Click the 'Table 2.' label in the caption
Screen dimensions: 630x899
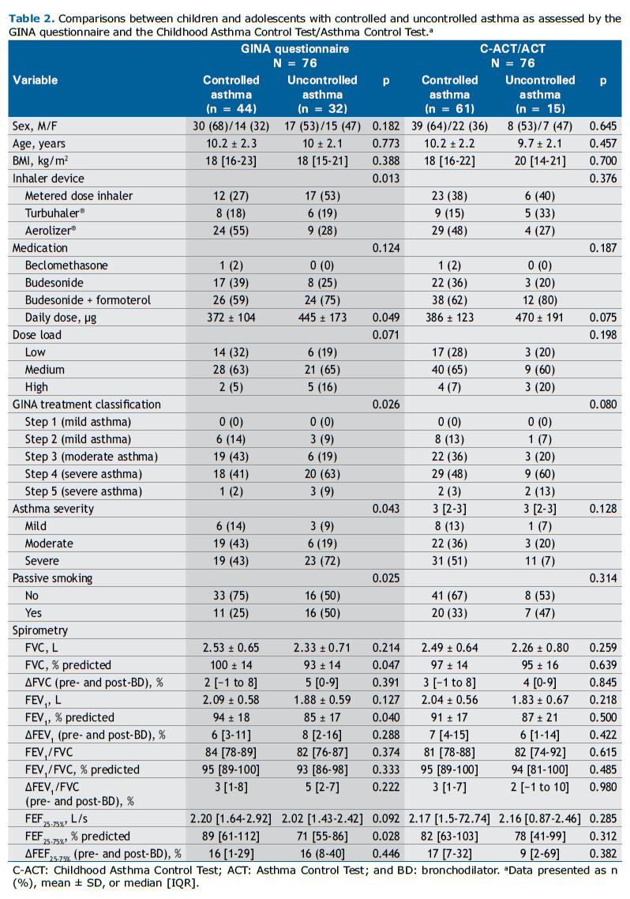point(32,19)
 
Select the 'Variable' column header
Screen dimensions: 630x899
point(36,81)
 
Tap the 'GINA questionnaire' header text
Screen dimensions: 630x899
point(295,49)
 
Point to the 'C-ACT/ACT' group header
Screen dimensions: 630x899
point(512,49)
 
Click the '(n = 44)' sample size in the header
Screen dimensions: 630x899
point(231,108)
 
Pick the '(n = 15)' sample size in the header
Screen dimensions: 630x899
point(540,108)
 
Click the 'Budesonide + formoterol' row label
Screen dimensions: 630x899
point(88,300)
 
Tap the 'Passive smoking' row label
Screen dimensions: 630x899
point(53,578)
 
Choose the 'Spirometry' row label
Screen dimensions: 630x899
point(40,630)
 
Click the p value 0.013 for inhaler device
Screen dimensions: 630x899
point(386,179)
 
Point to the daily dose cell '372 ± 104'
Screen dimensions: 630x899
point(231,317)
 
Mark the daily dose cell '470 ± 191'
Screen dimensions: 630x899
point(539,317)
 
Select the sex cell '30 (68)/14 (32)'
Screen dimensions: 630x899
point(231,126)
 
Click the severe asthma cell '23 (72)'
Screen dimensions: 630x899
point(322,561)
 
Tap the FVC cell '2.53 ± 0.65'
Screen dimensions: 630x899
point(231,648)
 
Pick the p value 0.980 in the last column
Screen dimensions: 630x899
point(603,787)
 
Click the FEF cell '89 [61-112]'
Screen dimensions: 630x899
point(231,837)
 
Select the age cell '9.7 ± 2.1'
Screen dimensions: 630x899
point(539,143)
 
